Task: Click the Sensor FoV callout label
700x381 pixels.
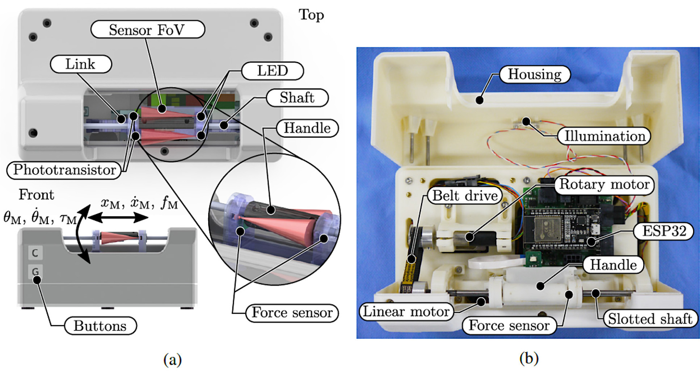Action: coord(147,30)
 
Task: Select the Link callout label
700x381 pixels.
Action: coord(80,64)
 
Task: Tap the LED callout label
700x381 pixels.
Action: coord(272,71)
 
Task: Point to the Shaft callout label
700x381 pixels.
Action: coord(297,97)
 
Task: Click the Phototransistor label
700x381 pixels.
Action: coord(64,170)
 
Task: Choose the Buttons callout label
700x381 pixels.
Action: coord(100,326)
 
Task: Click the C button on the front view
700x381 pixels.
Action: coord(35,253)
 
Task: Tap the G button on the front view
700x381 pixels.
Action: coord(35,272)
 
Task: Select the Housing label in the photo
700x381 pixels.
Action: coord(534,74)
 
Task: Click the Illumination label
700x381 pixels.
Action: coord(604,136)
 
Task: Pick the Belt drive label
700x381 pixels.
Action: coord(465,196)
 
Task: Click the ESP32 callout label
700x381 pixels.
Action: coord(664,231)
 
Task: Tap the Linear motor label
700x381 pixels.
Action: coord(406,311)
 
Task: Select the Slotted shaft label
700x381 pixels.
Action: coord(650,319)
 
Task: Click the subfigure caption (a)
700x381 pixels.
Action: coord(172,360)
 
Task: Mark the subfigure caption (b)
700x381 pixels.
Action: coord(529,358)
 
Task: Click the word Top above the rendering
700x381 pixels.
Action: coord(311,15)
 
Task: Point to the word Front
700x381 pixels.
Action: coord(36,195)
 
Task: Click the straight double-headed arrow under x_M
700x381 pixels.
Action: coord(118,218)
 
